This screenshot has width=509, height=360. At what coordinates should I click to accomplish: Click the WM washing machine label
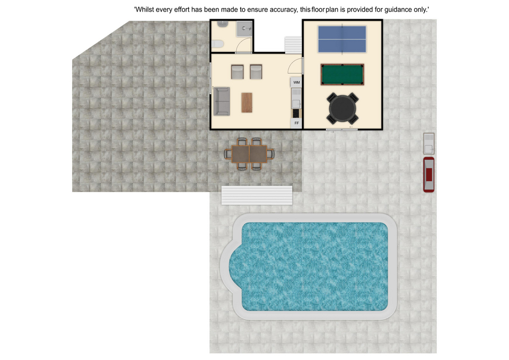tap(296, 83)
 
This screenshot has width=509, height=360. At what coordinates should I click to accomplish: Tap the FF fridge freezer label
tap(296, 123)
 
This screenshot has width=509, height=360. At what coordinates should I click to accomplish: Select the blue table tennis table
tap(342, 39)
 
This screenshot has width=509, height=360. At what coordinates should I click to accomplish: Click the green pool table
tap(342, 74)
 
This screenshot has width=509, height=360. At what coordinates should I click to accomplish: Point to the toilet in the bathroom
tap(217, 44)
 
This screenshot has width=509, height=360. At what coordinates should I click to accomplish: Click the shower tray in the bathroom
tap(244, 29)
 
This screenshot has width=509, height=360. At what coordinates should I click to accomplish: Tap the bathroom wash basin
tap(223, 23)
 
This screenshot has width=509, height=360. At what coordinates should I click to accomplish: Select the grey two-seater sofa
tap(222, 101)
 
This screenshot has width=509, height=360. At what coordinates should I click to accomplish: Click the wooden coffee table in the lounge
tap(247, 102)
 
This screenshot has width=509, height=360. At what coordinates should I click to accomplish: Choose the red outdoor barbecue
tap(429, 174)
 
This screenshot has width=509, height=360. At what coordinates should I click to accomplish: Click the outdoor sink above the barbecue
tap(429, 144)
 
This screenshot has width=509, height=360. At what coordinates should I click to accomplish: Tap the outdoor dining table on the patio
tap(249, 154)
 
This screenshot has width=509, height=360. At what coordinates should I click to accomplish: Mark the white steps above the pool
tap(257, 195)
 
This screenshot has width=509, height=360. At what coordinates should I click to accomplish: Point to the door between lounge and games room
tap(295, 65)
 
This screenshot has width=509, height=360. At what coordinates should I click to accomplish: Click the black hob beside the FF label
tap(296, 113)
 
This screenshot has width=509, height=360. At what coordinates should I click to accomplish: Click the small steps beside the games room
tap(293, 45)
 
